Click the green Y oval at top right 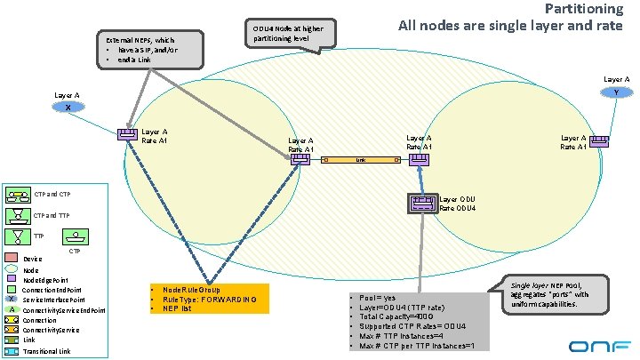[x=616, y=92]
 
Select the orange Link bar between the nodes [x=361, y=161]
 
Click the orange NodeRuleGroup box [x=207, y=299]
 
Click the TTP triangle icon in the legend [x=18, y=236]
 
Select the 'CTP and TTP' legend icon [x=18, y=214]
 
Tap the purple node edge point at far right [x=601, y=140]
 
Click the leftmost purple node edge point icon [x=128, y=135]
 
